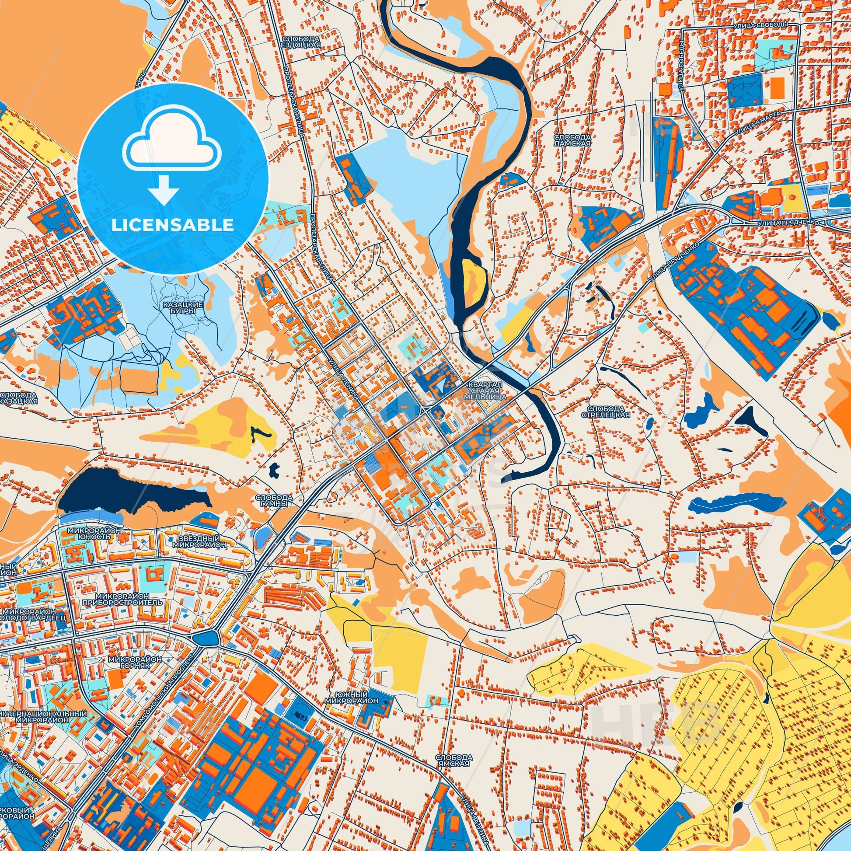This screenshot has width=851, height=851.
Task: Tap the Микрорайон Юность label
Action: pyautogui.click(x=94, y=534)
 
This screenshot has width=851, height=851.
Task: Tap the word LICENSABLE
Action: pyautogui.click(x=173, y=225)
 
